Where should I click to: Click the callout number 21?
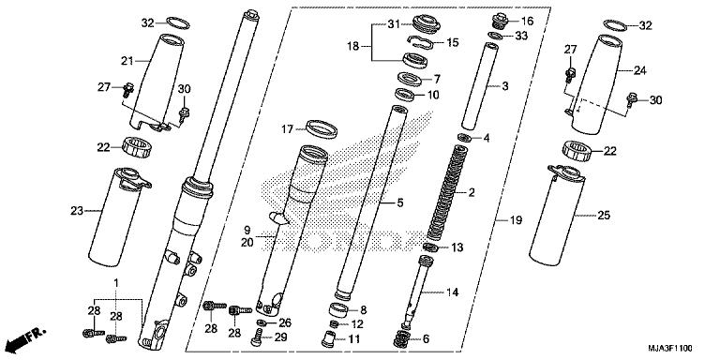[x=127, y=62]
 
